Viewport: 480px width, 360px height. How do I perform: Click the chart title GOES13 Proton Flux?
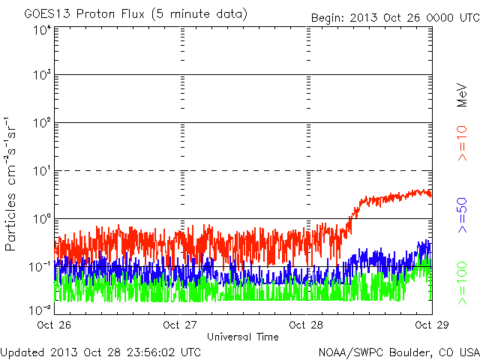coord(135,14)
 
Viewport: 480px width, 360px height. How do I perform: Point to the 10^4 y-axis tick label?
coord(40,31)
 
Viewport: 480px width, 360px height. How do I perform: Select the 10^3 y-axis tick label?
coord(40,76)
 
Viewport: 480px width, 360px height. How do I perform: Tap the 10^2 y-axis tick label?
coord(40,124)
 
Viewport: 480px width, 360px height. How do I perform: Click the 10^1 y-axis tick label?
coord(40,172)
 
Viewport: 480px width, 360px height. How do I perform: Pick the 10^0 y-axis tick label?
coord(40,220)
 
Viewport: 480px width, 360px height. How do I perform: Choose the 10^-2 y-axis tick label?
coord(39,309)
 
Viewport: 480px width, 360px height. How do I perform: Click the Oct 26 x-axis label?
coord(55,325)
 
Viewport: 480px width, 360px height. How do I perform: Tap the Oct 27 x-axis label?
coord(181,325)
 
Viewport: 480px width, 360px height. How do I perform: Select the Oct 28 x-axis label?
coord(307,325)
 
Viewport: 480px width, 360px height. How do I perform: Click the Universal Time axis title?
coord(243,337)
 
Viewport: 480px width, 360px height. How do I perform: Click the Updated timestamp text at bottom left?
coord(100,351)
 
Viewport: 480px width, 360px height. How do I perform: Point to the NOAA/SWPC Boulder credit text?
coord(398,351)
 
